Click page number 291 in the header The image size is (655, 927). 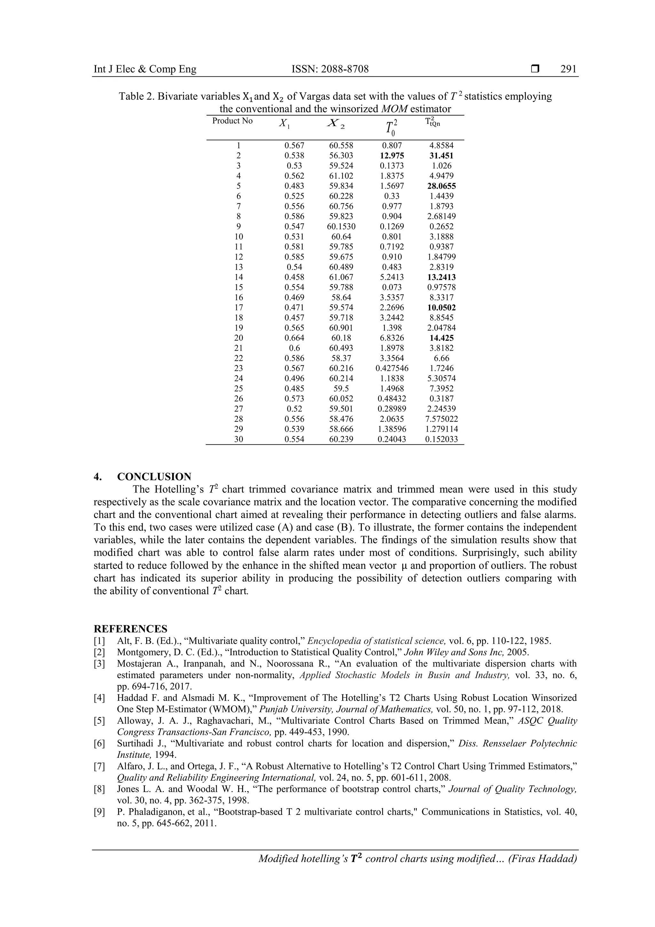[x=569, y=69]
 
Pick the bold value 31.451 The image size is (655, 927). [x=441, y=156]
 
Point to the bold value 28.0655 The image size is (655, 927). [x=441, y=186]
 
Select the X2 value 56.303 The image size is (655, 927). [x=341, y=156]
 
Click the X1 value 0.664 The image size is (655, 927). [x=294, y=338]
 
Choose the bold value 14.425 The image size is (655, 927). [x=441, y=338]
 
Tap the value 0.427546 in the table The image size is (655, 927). [x=392, y=368]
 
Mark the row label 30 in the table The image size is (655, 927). [x=239, y=439]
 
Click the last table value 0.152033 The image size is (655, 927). [x=441, y=439]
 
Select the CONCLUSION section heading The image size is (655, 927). [x=154, y=476]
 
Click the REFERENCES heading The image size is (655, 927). [x=130, y=629]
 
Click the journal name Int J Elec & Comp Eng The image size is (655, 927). [x=145, y=69]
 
